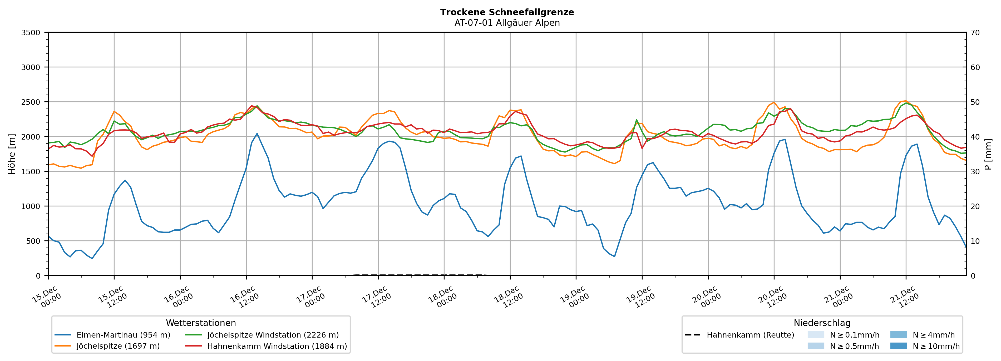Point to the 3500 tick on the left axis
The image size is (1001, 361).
click(x=31, y=33)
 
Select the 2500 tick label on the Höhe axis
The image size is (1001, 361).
click(x=31, y=102)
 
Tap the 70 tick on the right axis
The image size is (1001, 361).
click(x=975, y=33)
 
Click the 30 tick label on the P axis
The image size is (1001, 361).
click(x=975, y=172)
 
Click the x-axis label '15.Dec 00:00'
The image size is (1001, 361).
click(x=46, y=297)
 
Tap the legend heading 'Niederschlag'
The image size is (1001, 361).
click(x=822, y=323)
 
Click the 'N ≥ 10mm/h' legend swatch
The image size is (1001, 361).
click(x=898, y=346)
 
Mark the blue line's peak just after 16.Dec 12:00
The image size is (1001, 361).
click(x=257, y=134)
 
